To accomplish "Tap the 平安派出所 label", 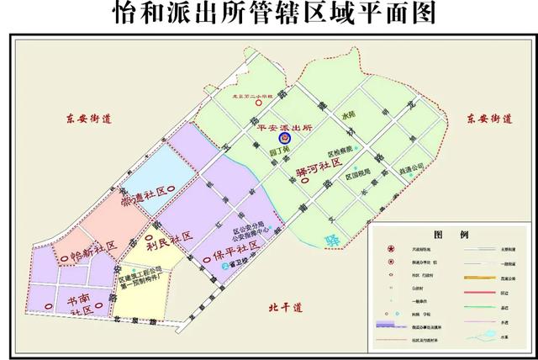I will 284,125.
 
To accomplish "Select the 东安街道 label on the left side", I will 85,118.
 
